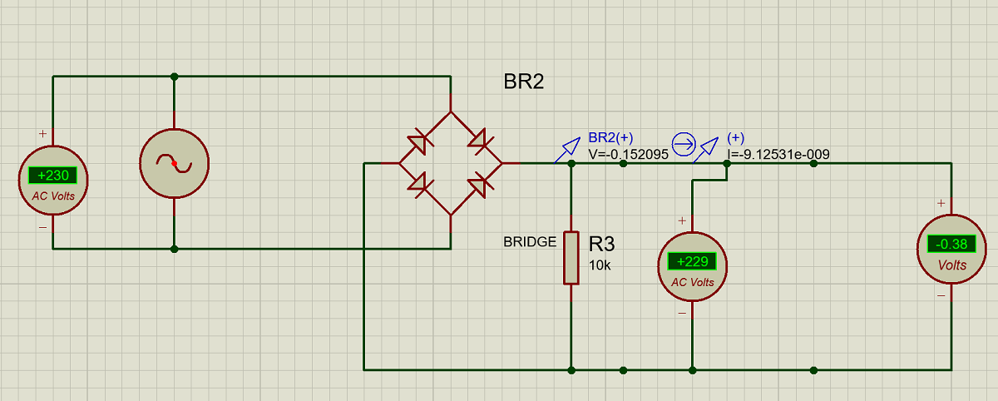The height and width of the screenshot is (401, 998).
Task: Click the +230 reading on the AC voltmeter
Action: [52, 175]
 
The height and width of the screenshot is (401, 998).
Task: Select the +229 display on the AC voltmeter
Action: [692, 261]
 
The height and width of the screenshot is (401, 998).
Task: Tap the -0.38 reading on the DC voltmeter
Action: [951, 244]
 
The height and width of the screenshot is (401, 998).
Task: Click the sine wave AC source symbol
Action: [174, 164]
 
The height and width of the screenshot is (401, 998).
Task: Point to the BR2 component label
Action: [523, 82]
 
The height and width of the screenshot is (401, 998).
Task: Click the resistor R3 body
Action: [571, 258]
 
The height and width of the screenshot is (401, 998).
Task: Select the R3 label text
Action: [601, 244]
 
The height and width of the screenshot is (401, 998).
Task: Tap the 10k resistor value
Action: [600, 265]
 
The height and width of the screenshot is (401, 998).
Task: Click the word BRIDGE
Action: [530, 241]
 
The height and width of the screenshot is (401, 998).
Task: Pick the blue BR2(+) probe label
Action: [610, 137]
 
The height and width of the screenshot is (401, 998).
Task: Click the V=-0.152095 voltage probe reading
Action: [628, 155]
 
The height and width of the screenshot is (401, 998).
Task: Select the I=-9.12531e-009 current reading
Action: [778, 155]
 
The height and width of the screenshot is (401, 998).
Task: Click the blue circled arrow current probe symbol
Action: [684, 145]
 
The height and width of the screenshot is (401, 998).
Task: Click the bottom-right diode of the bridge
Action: [481, 185]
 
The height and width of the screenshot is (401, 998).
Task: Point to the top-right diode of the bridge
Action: [481, 142]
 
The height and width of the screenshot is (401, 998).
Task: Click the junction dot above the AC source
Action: [174, 77]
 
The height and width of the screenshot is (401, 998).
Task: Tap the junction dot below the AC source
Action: [174, 249]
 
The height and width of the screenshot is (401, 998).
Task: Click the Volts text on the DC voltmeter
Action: [952, 265]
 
